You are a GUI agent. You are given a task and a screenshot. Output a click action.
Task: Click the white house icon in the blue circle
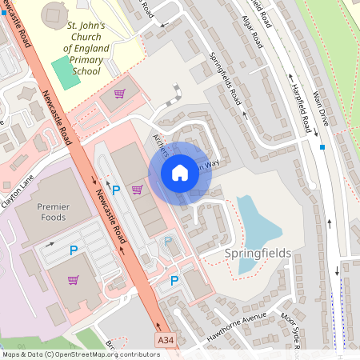pos(180,172)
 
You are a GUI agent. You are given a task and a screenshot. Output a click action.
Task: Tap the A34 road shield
pos(166,342)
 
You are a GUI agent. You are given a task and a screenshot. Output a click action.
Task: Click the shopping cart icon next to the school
pos(119,94)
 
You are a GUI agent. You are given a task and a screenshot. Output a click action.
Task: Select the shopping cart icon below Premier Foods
pos(74,280)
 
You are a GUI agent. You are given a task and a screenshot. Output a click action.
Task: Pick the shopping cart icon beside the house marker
pos(138,190)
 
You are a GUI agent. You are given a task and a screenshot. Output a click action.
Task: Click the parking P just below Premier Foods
pos(74,250)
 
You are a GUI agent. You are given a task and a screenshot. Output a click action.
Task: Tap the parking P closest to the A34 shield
pos(174,281)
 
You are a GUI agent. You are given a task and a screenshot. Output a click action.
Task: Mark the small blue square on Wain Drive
pos(322,147)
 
